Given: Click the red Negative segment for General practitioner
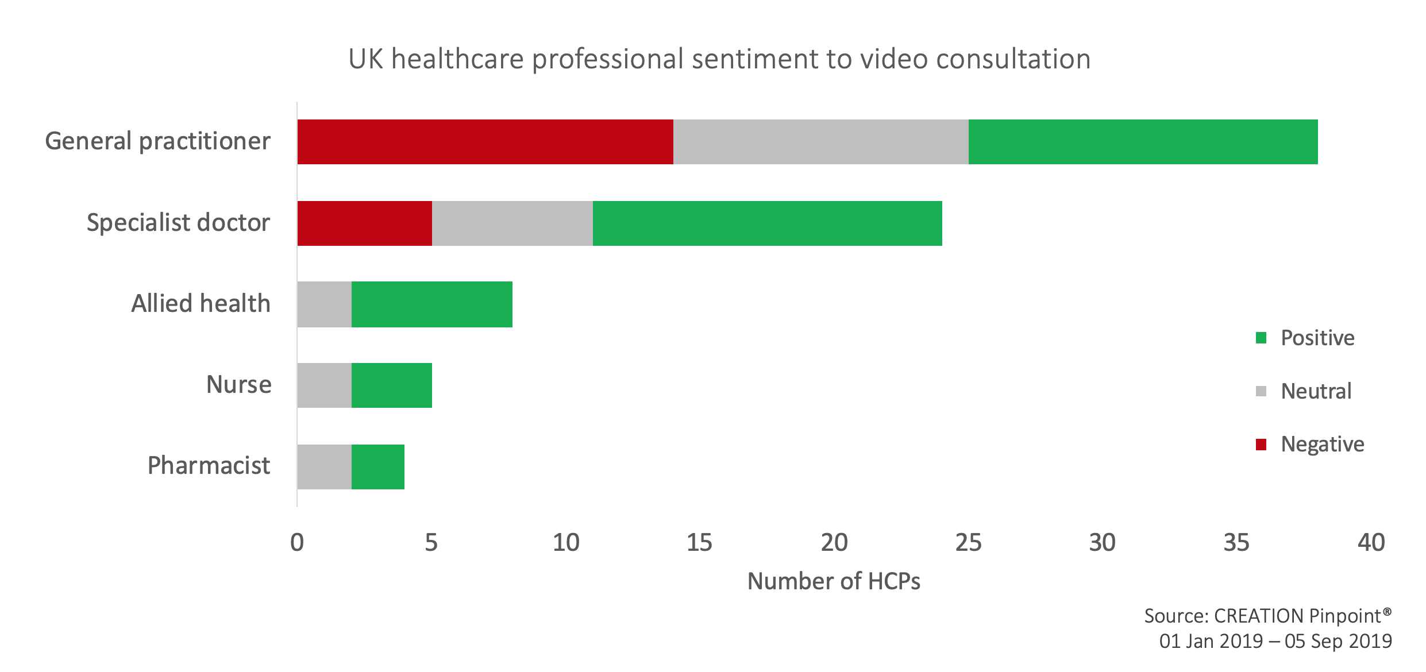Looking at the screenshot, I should click(x=485, y=142).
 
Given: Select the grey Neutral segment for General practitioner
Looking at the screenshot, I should click(x=820, y=142).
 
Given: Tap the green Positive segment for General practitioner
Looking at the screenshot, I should click(x=1142, y=142).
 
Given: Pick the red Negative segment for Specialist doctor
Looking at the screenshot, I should click(x=364, y=223).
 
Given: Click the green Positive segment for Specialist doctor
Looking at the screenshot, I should click(x=767, y=223).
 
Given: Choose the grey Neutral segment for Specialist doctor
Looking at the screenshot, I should click(x=512, y=223).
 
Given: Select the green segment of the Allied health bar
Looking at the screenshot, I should click(x=431, y=304).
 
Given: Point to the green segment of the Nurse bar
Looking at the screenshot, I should click(x=391, y=385).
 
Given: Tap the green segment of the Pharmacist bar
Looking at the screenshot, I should click(x=377, y=466).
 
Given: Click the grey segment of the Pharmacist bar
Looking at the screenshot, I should click(x=324, y=466).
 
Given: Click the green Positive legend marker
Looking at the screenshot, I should click(x=1261, y=338).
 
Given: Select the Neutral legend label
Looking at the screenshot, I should click(x=1316, y=392).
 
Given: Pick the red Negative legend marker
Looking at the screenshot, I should click(x=1261, y=445).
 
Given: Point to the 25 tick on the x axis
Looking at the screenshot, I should click(x=968, y=543).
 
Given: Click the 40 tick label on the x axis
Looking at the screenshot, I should click(x=1371, y=543).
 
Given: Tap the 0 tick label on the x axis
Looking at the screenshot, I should click(x=297, y=543).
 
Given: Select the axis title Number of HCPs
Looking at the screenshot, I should click(x=834, y=582).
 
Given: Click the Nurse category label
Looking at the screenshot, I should click(x=238, y=385).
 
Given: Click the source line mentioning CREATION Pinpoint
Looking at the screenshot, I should click(x=1267, y=616).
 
